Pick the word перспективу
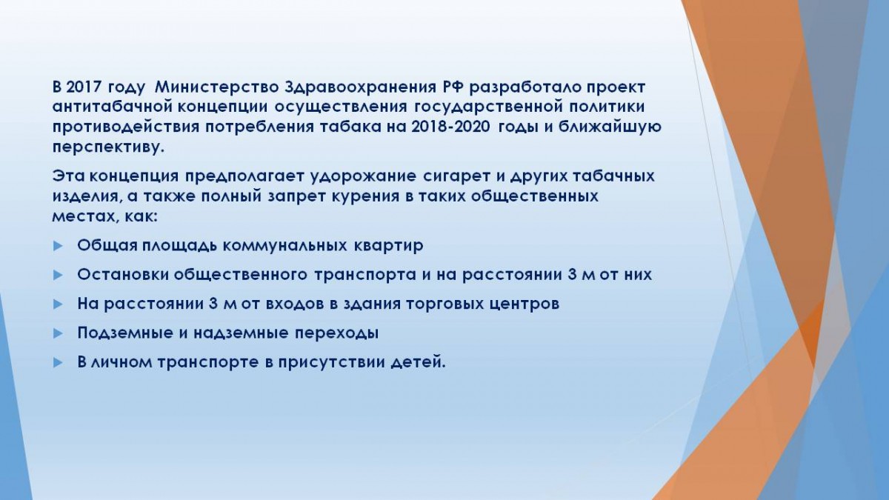108,147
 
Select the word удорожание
363,176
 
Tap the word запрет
296,196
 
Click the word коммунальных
284,246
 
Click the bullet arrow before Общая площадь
58,246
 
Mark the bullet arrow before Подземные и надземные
58,333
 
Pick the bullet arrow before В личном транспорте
58,363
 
